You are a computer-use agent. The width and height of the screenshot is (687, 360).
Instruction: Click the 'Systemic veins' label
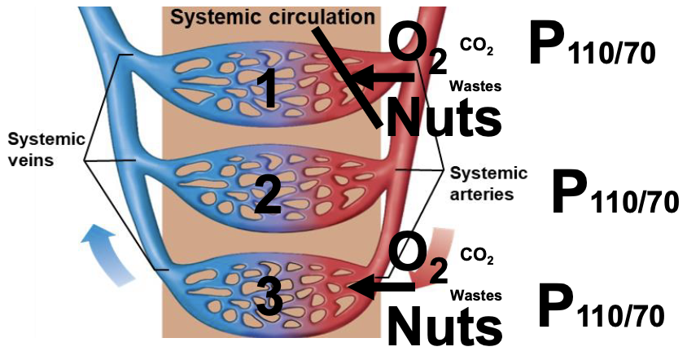pos(42,149)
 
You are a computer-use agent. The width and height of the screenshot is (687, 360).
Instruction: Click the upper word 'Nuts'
pos(442,116)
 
